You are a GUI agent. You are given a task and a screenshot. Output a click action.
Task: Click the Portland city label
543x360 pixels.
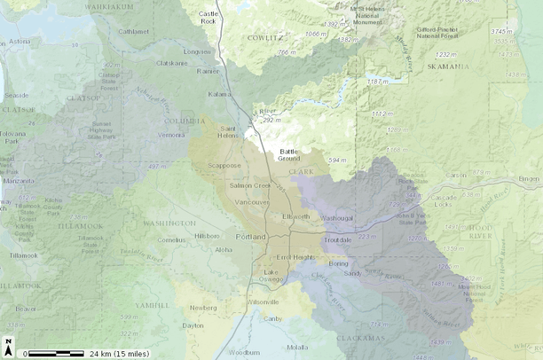coord(251,238)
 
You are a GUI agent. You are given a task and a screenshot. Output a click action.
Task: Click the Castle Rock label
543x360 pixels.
coord(209,18)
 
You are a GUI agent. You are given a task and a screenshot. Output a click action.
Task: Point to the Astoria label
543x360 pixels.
coord(20,41)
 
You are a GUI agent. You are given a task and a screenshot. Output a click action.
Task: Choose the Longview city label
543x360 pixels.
coord(197,51)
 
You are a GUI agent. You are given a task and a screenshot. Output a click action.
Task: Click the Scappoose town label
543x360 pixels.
coord(222,166)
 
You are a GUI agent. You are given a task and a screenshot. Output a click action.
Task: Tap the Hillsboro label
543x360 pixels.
coord(207,237)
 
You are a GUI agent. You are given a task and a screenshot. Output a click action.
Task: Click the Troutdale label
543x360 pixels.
coord(338,240)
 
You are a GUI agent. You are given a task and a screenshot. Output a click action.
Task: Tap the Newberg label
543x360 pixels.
coord(202,308)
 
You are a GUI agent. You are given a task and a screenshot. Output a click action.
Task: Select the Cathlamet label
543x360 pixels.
coord(134,31)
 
